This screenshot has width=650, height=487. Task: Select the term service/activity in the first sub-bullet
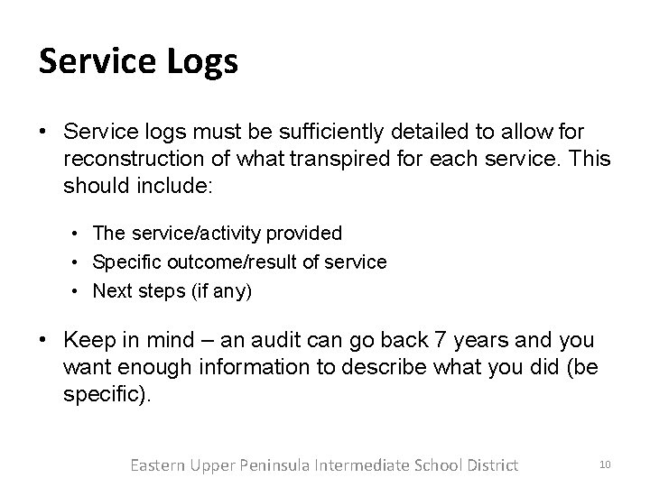coord(194,234)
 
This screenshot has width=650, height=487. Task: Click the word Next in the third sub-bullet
coord(110,291)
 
